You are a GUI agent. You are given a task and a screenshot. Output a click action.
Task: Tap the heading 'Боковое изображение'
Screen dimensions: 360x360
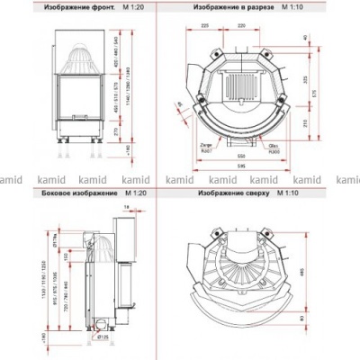pos(78,193)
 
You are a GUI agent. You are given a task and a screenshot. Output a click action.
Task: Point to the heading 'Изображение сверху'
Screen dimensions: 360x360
pos(230,193)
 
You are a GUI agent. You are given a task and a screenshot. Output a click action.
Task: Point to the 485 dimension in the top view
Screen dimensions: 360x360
pos(316,267)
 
